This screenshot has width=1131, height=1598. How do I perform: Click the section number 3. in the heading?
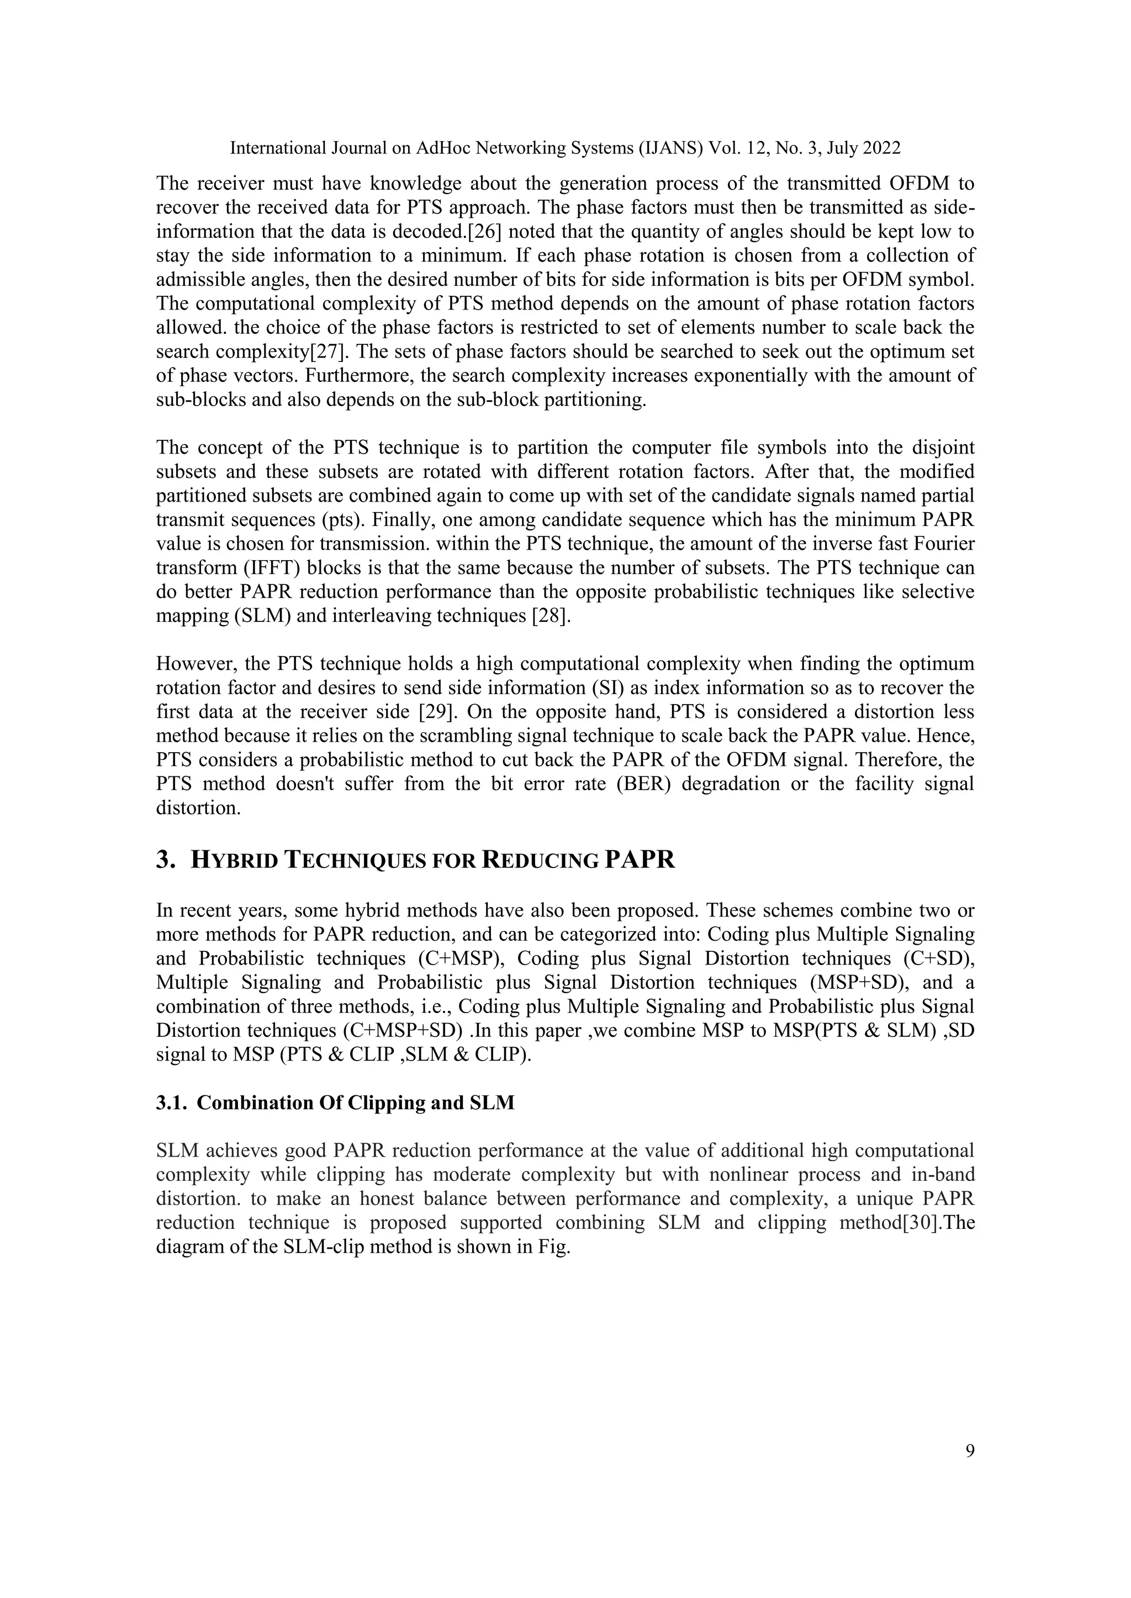coord(165,860)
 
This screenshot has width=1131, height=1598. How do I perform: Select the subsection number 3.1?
coord(171,1103)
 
